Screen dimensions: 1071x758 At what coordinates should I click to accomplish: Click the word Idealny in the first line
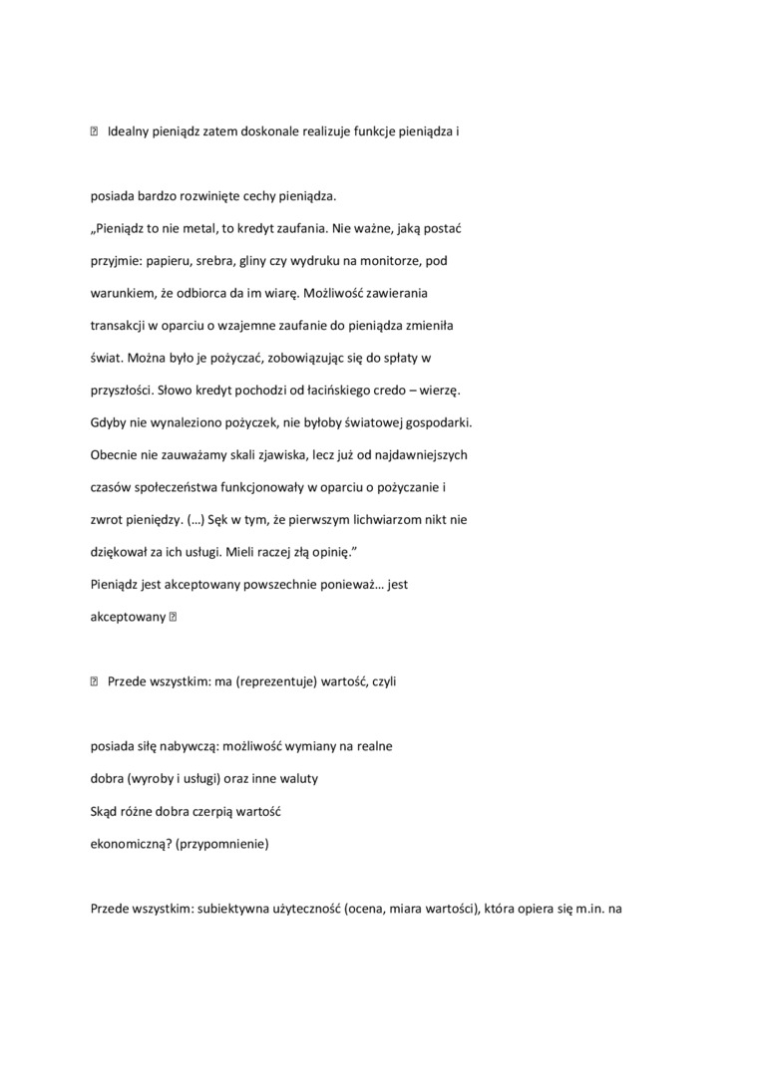coord(129,132)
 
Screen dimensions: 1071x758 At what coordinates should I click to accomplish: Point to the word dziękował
coord(121,552)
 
